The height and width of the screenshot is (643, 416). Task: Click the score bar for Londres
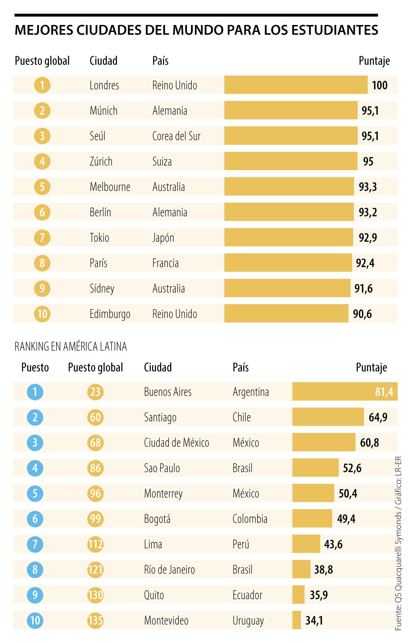click(296, 85)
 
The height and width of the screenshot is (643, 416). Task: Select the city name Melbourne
click(110, 187)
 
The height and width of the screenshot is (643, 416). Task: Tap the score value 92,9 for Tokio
click(367, 238)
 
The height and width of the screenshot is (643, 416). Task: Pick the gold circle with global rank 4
click(42, 161)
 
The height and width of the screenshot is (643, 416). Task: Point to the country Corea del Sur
click(176, 136)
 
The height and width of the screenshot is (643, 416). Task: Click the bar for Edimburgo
click(286, 314)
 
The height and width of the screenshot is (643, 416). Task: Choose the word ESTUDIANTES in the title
click(335, 30)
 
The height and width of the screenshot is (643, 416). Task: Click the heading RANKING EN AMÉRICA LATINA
click(71, 346)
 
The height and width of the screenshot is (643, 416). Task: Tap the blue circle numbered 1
click(35, 392)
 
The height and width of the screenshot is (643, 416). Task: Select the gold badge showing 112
click(95, 544)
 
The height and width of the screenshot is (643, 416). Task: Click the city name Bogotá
click(157, 519)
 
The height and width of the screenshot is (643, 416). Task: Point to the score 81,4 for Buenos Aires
click(384, 392)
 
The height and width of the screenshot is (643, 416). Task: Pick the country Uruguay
click(248, 620)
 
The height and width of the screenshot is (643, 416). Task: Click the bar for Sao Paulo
click(315, 468)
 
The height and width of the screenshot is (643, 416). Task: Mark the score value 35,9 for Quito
click(319, 595)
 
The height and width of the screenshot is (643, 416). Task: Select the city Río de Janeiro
click(170, 570)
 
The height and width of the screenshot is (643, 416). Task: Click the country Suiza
click(162, 161)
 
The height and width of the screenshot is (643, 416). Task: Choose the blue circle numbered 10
click(35, 620)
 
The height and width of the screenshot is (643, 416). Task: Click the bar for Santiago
click(328, 417)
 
